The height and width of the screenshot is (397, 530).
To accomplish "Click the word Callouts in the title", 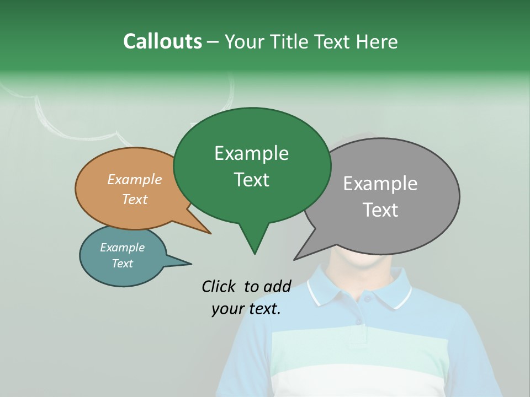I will click(162, 41).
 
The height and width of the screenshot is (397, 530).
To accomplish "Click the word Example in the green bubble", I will click(251, 153).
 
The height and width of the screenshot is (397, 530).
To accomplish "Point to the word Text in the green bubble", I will click(251, 179).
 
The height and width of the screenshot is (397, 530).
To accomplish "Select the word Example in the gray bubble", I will click(380, 183).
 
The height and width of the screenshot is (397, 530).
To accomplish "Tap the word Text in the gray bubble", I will click(380, 210).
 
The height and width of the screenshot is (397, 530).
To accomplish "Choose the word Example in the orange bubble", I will click(134, 179).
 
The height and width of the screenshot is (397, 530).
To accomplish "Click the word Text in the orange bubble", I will click(134, 199).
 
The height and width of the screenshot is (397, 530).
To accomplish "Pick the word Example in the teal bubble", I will click(122, 248).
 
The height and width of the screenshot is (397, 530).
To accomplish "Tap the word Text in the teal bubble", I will click(122, 264).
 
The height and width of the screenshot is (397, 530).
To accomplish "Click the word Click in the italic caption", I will click(220, 286).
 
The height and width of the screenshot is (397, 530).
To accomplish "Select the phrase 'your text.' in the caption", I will click(246, 309).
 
